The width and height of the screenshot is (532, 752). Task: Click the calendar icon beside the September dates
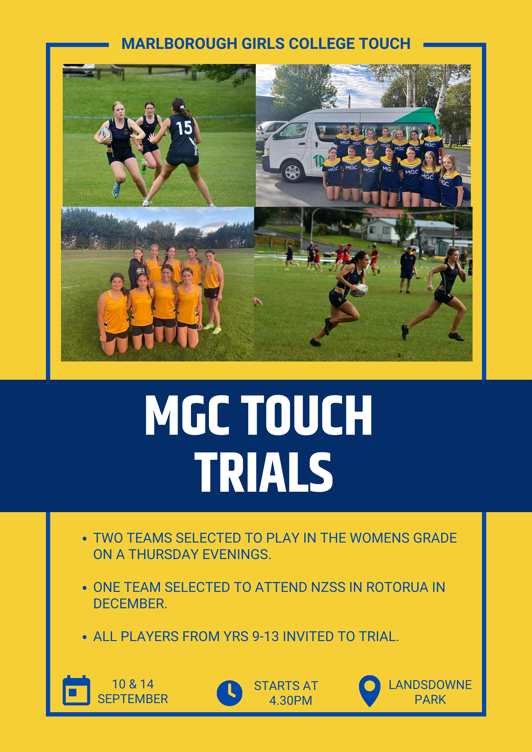tap(76, 690)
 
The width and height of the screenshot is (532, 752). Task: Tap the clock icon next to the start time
tap(230, 693)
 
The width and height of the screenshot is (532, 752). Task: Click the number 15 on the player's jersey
tap(184, 128)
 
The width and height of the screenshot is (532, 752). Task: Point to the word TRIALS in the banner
tap(264, 472)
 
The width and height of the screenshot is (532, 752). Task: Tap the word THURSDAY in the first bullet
tap(164, 554)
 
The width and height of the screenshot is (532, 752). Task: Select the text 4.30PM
tap(290, 700)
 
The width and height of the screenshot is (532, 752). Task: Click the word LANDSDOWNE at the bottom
tap(430, 685)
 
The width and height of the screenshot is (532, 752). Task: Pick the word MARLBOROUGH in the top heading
tap(179, 44)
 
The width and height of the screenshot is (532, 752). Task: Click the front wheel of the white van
tap(292, 171)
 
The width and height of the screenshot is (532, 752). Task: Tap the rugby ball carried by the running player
tap(359, 290)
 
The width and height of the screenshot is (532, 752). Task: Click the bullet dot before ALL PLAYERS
tap(85, 637)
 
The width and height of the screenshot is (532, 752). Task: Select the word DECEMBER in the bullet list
tap(130, 603)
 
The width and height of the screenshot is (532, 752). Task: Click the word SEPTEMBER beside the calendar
tap(133, 699)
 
